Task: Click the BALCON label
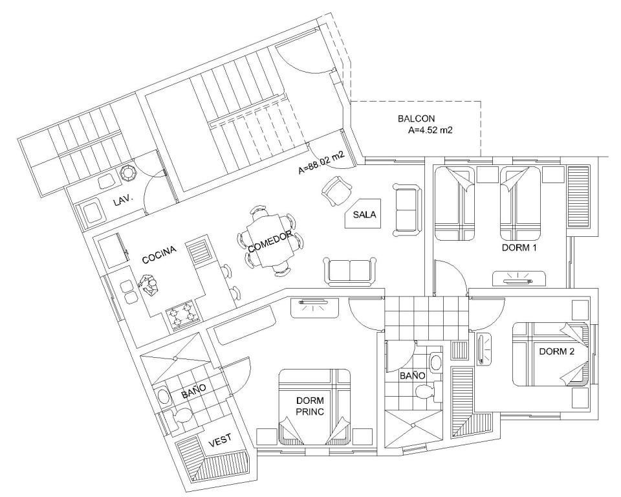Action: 416,119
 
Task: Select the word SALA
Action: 364,215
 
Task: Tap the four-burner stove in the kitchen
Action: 182,316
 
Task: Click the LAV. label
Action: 123,201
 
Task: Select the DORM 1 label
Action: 519,248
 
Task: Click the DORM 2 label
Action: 556,351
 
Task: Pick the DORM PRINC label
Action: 309,406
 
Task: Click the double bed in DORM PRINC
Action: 314,406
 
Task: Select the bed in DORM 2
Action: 550,354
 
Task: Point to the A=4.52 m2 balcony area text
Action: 430,130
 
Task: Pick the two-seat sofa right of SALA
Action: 406,210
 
